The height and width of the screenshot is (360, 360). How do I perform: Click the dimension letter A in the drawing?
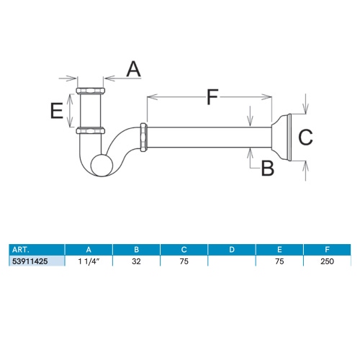(x=133, y=69)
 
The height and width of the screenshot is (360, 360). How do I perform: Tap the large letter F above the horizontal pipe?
(x=210, y=96)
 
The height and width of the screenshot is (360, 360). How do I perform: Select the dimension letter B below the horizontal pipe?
(x=267, y=168)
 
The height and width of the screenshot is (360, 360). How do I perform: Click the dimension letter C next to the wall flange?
(x=305, y=136)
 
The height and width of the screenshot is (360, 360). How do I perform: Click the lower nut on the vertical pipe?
(x=91, y=130)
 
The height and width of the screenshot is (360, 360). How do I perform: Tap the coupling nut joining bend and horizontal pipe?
(x=145, y=139)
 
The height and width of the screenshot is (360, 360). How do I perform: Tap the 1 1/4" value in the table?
(x=89, y=261)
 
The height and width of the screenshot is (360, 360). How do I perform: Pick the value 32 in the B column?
(x=137, y=261)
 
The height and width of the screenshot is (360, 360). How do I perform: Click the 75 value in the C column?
(x=184, y=261)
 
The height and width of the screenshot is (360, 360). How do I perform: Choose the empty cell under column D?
(x=231, y=261)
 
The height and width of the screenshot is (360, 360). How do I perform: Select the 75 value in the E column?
(x=279, y=261)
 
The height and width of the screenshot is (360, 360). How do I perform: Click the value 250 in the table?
(x=328, y=261)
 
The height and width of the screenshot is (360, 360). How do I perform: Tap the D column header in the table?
(x=231, y=250)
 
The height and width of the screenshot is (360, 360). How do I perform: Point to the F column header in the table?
(x=328, y=250)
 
